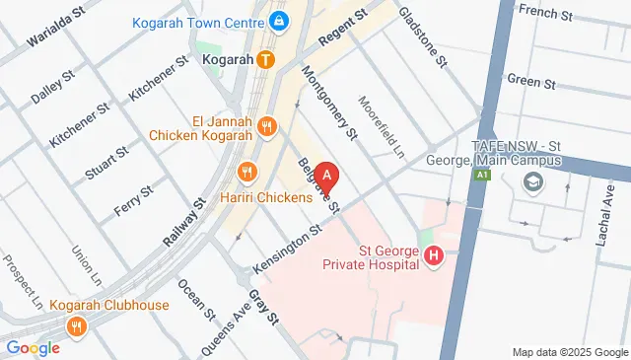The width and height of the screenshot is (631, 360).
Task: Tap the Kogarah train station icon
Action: pos(265,59)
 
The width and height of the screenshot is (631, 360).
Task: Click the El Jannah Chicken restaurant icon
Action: pos(265,125)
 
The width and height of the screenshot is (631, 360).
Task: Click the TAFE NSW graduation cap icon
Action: pos(533,182)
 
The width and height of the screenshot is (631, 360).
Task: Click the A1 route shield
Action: pos(482,175)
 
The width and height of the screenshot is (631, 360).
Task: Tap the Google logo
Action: pos(33,347)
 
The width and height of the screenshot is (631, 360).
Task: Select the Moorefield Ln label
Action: pos(382,126)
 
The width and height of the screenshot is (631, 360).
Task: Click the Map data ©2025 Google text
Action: pos(569,352)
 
